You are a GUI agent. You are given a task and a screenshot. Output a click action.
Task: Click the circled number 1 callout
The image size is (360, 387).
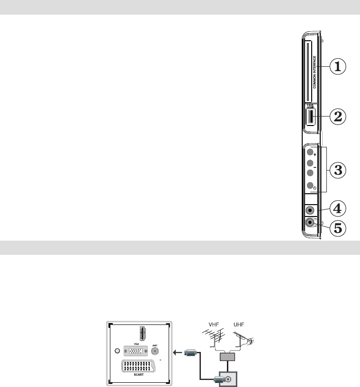[337, 67]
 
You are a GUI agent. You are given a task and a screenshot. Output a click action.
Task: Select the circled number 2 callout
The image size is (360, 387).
[337, 117]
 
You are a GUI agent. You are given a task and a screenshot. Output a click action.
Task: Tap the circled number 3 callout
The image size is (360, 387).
[337, 170]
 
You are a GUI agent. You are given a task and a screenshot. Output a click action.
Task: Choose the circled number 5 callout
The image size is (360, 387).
[337, 227]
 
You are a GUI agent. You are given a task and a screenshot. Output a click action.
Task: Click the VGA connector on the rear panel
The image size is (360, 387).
[136, 351]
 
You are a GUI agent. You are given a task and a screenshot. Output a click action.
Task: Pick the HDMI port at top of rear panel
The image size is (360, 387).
[141, 334]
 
